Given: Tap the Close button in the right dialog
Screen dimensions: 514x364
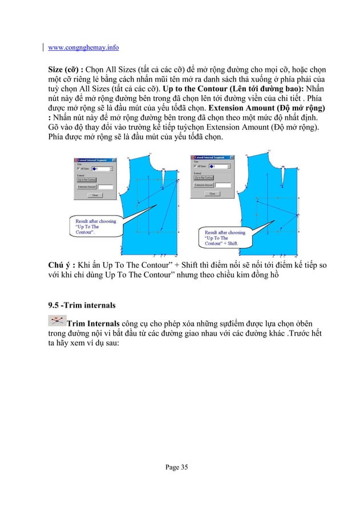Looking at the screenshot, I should [x=213, y=194].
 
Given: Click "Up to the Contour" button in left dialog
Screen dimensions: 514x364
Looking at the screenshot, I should [x=87, y=179].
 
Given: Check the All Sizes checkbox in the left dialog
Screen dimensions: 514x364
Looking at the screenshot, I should [x=79, y=169].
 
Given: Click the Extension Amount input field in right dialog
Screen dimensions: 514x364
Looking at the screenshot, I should [x=224, y=185].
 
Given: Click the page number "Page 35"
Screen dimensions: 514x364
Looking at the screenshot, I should [x=176, y=467].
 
